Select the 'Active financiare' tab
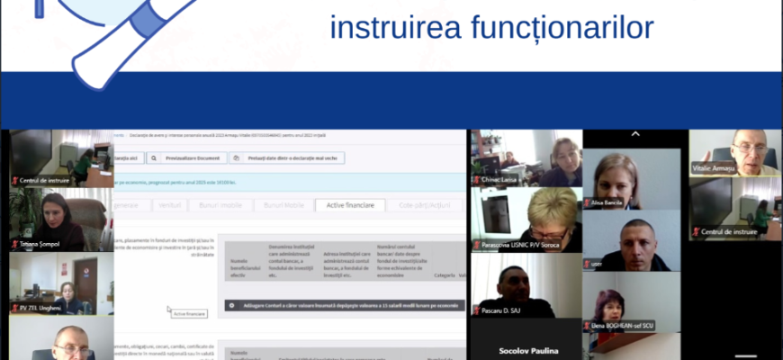pyautogui.click(x=350, y=205)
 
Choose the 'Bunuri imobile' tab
pyautogui.click(x=220, y=205)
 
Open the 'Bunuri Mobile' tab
pyautogui.click(x=283, y=205)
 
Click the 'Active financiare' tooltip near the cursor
pyautogui.click(x=189, y=313)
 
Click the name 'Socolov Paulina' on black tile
pyautogui.click(x=526, y=350)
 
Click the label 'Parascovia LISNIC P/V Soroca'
pyautogui.click(x=519, y=246)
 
